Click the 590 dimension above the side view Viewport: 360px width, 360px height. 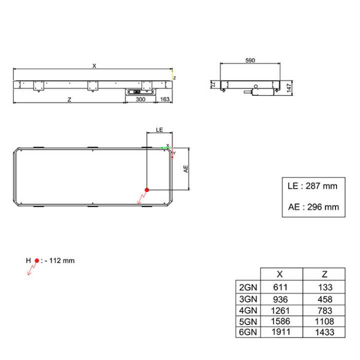[x=250, y=60]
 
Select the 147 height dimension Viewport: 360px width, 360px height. [x=289, y=88]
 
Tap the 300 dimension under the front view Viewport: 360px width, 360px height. [x=140, y=99]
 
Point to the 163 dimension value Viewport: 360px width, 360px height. [x=164, y=99]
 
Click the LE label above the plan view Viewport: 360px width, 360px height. [x=159, y=129]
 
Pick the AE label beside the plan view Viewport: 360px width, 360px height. [x=185, y=169]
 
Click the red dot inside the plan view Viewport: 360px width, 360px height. [x=146, y=190]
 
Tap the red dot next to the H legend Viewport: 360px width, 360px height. [x=36, y=260]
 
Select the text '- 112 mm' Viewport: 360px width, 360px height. [x=59, y=260]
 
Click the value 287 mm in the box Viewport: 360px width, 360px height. [x=321, y=186]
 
